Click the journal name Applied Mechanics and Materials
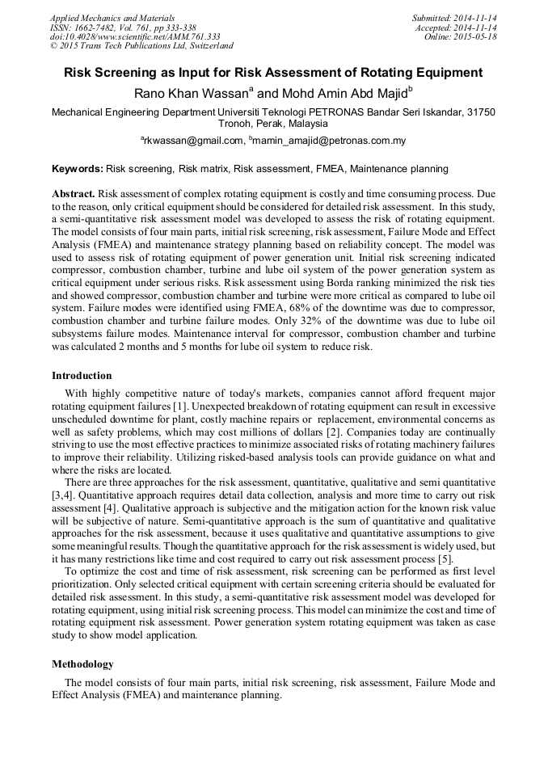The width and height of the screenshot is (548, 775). click(112, 18)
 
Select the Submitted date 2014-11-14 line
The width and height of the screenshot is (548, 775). click(453, 18)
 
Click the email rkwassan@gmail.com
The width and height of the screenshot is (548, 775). click(194, 141)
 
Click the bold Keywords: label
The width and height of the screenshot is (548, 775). click(78, 169)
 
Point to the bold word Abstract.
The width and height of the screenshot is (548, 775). click(74, 195)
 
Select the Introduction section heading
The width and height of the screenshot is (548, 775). click(82, 376)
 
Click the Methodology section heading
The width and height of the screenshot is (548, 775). click(82, 664)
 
